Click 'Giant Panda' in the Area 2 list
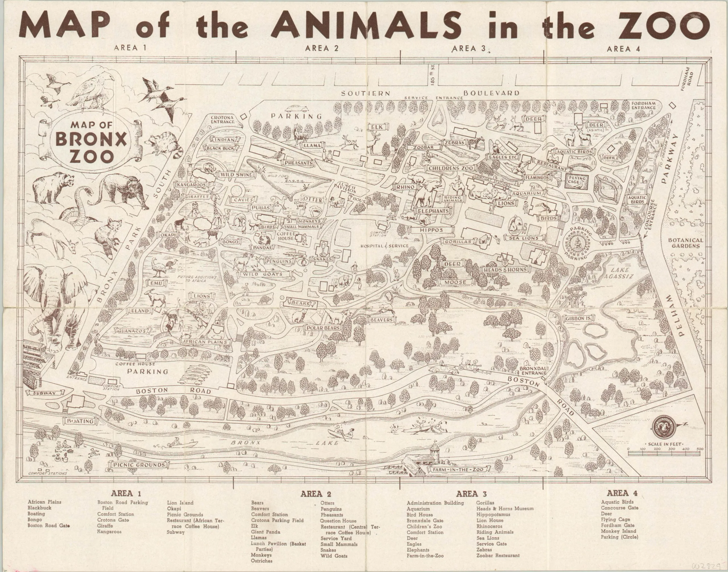tap(266, 532)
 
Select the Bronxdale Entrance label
tap(533, 370)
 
